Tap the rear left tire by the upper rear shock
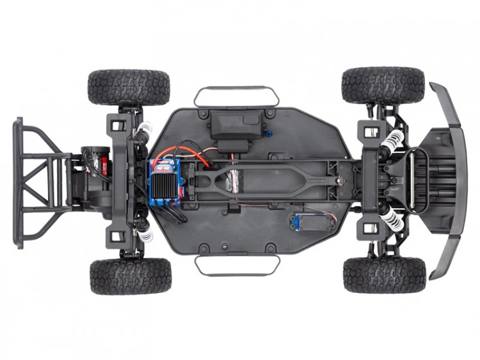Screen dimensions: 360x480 tap(129, 87)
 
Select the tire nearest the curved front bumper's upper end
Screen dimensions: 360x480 tap(383, 85)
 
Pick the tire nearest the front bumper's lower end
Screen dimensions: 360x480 tap(384, 275)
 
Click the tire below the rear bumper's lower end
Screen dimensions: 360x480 tap(131, 276)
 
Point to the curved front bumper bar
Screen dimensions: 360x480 tap(448, 179)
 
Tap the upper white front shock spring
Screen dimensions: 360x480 tap(393, 140)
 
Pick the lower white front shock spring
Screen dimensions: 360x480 tap(392, 219)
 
